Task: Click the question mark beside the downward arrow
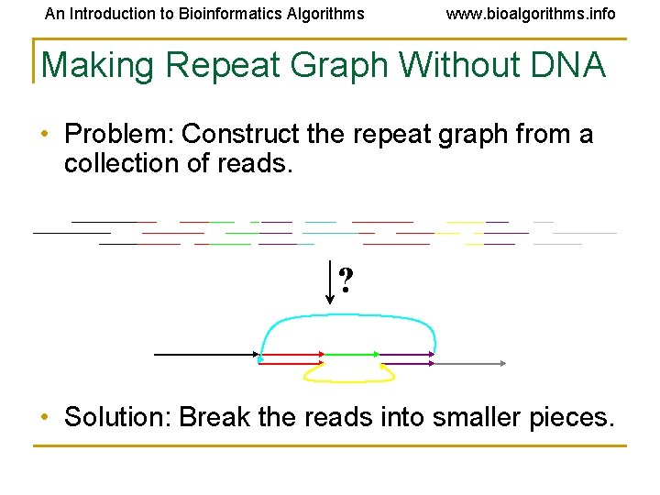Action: click(346, 280)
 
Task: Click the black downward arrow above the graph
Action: click(329, 282)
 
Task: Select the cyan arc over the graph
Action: click(347, 316)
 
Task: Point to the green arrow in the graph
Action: click(351, 354)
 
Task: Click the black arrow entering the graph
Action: click(206, 354)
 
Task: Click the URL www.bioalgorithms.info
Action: click(531, 14)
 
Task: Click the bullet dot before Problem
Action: click(46, 136)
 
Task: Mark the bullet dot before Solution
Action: click(46, 419)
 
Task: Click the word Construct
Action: click(242, 135)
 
